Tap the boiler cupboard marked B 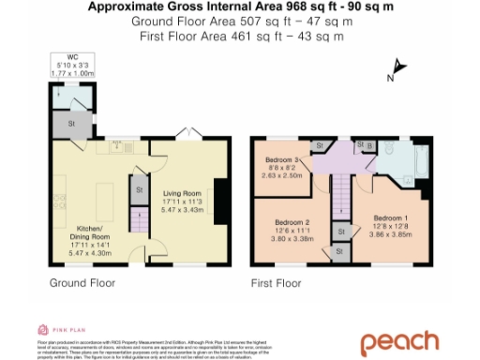point(367,145)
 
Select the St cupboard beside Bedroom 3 point(319,146)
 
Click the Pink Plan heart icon point(43,330)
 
